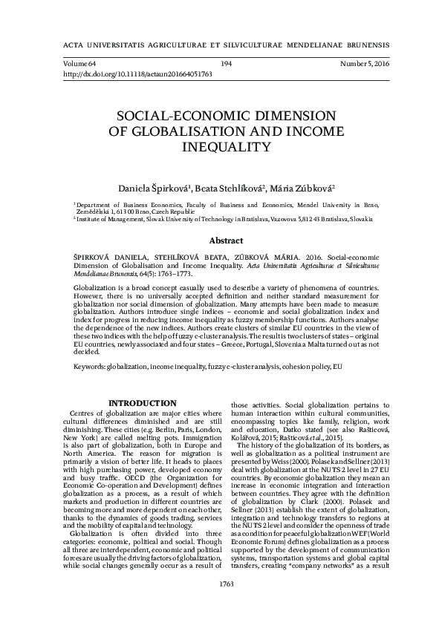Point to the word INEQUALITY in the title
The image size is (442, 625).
224,147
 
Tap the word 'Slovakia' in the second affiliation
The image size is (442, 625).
355,220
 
